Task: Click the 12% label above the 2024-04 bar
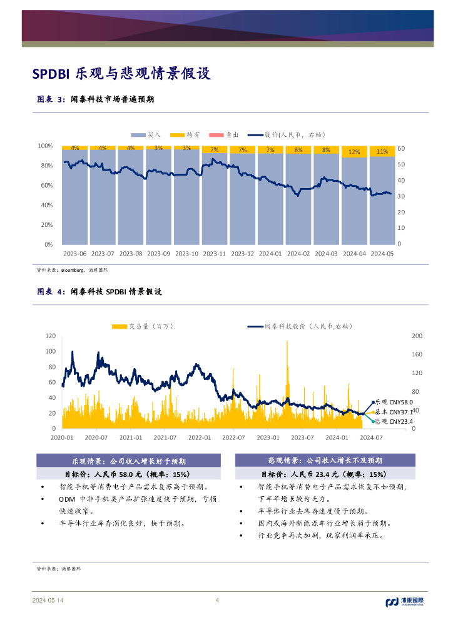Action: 354,151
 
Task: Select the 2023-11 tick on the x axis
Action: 215,254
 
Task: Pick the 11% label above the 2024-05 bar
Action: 382,151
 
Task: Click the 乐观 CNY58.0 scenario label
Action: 394,402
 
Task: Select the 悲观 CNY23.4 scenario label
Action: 394,421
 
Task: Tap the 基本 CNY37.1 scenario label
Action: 394,412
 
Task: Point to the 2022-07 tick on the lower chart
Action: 233,437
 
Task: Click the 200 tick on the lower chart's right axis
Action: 416,336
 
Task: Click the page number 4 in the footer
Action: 217,601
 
